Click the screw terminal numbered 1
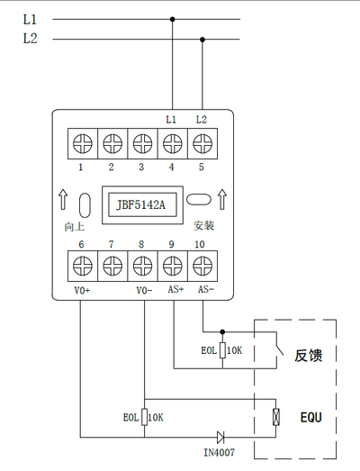coord(83,143)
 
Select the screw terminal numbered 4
coord(173,143)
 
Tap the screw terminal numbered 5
coord(202,143)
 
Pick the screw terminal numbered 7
coord(112,266)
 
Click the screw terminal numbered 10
coord(202,266)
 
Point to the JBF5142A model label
coord(141,204)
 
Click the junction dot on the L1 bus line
coord(172,19)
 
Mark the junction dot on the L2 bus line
coord(202,40)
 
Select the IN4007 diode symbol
coord(220,437)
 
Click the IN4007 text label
coord(220,452)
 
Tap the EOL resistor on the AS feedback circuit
coord(222,350)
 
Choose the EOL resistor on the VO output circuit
coord(144,417)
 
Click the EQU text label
coord(311,417)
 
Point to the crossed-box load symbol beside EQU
coord(276,417)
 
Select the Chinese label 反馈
coord(309,356)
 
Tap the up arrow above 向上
coord(63,199)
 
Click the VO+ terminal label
coord(82,290)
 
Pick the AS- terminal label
coord(206,289)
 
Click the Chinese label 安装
coord(204,225)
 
